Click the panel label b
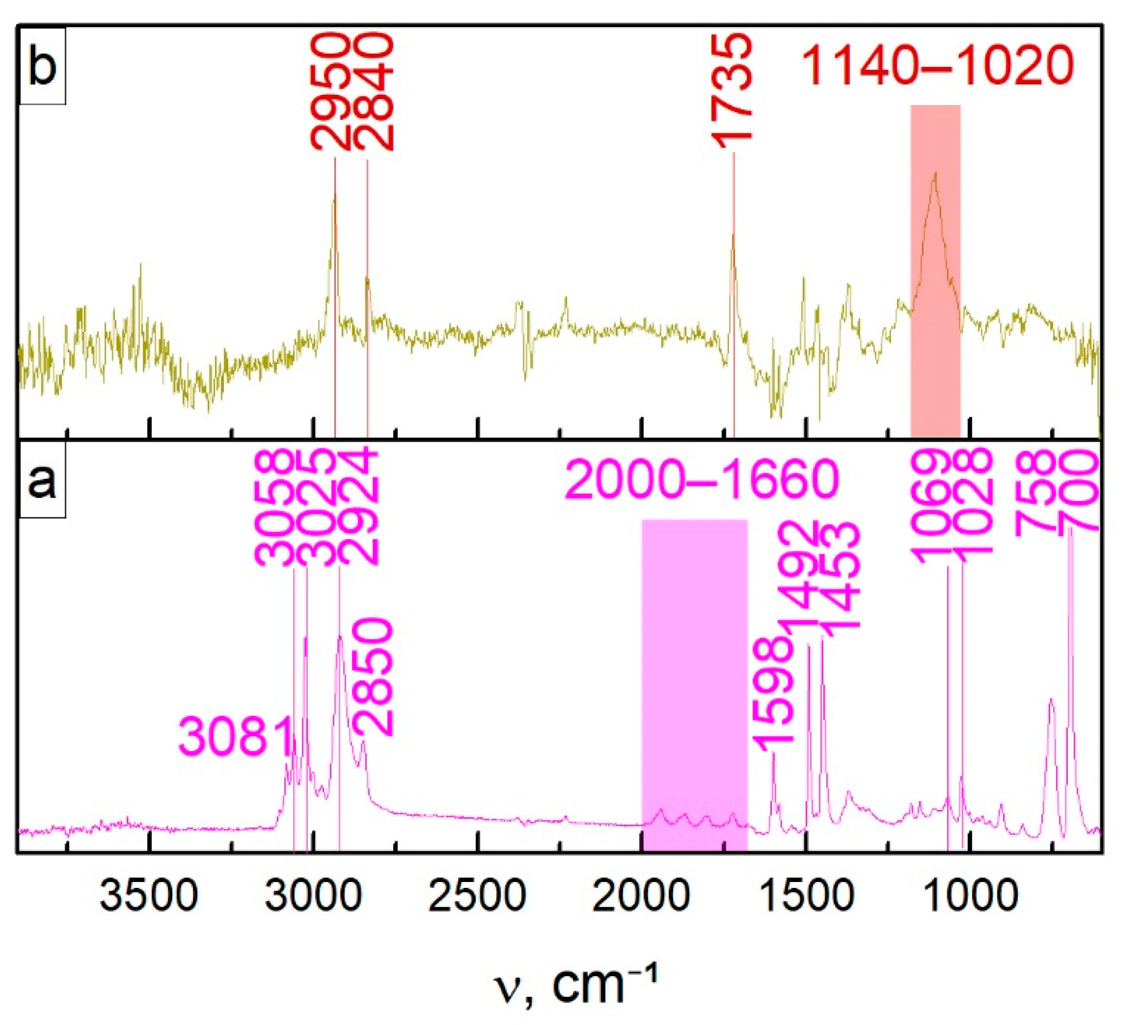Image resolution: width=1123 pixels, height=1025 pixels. (42, 66)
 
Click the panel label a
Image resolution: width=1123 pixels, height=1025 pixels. (42, 481)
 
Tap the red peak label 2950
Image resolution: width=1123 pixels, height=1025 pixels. (330, 92)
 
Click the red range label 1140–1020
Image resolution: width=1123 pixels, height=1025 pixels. (937, 66)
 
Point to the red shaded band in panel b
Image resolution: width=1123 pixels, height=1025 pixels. (935, 267)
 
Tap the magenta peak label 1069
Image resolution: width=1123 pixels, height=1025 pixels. (929, 507)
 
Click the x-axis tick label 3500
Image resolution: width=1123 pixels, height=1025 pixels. (149, 897)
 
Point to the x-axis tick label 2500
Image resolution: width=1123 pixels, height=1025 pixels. (477, 897)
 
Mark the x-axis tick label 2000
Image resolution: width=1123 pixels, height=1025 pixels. (641, 897)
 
